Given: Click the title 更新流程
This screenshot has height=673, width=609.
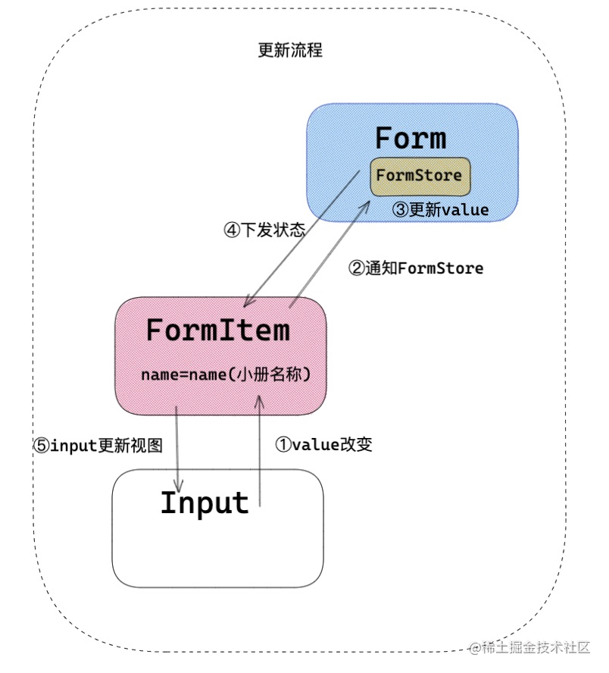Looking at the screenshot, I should (290, 51).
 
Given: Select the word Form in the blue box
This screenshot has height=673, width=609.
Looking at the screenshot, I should (411, 139).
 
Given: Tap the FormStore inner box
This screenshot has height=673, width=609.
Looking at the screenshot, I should (420, 176).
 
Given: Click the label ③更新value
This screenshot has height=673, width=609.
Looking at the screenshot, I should (440, 210).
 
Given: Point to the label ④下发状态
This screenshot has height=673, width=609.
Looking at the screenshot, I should (264, 230).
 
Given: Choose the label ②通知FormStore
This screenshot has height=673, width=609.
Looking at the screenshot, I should (415, 268).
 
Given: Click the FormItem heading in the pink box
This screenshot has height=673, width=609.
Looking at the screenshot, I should (217, 330).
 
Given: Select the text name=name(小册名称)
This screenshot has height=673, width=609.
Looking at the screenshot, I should (226, 375).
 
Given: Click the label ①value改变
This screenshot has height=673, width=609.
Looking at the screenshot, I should (323, 445).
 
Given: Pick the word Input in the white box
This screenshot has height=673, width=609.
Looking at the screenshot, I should (205, 503).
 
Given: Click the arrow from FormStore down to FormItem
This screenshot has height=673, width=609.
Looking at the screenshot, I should (303, 236).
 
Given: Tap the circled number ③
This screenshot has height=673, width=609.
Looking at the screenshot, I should (400, 210).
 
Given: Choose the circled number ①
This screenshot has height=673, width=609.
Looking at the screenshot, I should (283, 445).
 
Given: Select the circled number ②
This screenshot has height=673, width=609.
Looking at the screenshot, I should (356, 268).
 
